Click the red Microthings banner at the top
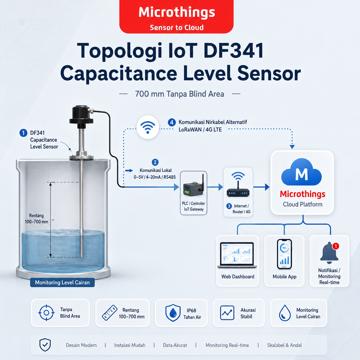click(176, 16)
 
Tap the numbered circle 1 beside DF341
click(23, 133)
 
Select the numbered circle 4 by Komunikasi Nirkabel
click(172, 122)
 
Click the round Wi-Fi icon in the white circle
click(148, 127)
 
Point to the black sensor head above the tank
click(82, 115)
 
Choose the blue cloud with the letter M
click(301, 172)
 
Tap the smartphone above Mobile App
click(284, 254)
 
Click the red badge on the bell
click(336, 246)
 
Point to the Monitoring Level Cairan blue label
click(62, 282)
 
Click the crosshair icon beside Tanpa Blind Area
click(46, 313)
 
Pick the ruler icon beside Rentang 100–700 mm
click(110, 313)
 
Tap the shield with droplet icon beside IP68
click(173, 313)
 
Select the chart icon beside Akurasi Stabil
click(227, 313)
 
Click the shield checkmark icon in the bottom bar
click(45, 345)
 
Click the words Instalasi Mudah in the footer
click(130, 345)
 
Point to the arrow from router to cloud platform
click(261, 187)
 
